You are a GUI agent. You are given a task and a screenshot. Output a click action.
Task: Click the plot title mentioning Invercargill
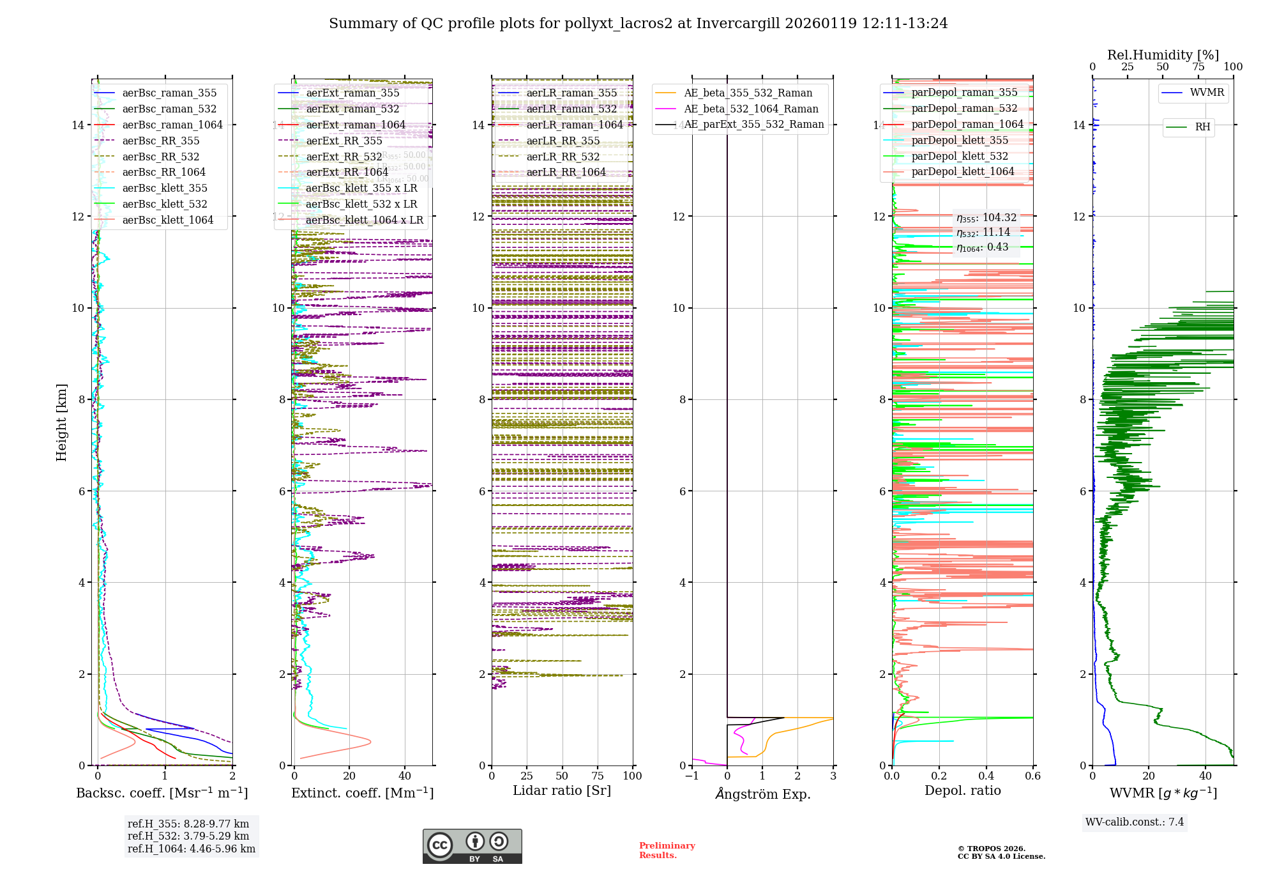[638, 24]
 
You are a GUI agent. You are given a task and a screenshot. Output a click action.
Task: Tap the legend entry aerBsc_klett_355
[165, 188]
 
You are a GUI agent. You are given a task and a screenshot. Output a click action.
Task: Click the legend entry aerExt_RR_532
[344, 157]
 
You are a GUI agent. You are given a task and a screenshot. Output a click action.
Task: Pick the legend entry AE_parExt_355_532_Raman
[753, 125]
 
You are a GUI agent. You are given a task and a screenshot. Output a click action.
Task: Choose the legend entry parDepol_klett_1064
[962, 171]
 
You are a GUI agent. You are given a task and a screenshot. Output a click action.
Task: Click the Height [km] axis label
[61, 422]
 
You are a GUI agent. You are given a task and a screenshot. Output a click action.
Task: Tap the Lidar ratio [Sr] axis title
[562, 790]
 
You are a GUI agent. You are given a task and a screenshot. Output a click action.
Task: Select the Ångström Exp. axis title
[762, 794]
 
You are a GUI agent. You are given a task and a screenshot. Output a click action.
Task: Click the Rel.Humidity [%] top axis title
[1163, 55]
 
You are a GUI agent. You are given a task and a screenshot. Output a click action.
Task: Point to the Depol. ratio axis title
[962, 790]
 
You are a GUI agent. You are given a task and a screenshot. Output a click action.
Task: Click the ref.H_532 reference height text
[188, 836]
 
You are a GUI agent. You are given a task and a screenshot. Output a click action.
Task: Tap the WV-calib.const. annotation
[1135, 822]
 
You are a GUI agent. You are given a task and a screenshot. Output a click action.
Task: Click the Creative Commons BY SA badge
[472, 846]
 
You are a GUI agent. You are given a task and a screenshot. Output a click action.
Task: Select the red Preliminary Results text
[667, 850]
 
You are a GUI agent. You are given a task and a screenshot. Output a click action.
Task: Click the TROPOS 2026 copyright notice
[1001, 852]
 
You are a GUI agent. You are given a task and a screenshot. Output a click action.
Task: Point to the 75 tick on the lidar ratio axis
[598, 776]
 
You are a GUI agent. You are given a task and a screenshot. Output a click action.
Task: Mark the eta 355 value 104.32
[986, 218]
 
